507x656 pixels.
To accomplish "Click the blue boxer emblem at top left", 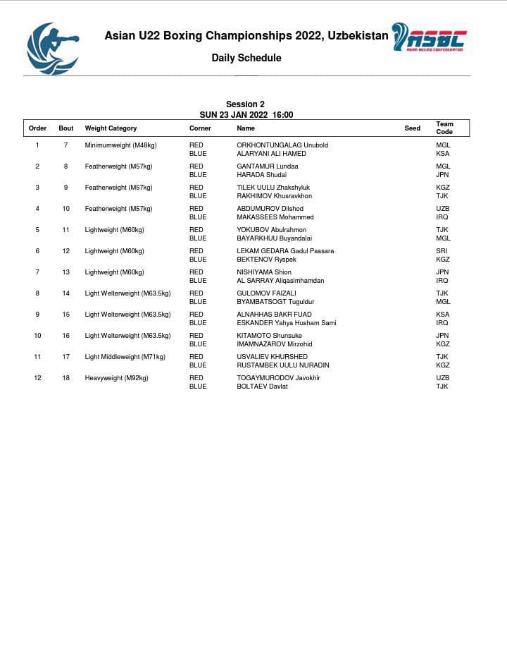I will tap(53, 47).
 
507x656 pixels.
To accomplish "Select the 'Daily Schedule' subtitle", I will tap(246, 58).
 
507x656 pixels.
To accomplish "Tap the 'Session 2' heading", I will tap(245, 104).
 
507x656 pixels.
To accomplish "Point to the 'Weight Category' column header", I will tap(111, 128).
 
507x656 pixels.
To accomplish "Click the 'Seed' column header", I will tap(413, 128).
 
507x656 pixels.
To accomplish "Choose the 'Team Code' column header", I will tap(444, 128).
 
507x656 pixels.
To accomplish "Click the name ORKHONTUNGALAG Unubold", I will tap(282, 145).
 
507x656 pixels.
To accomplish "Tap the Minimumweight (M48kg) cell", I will tap(120, 145).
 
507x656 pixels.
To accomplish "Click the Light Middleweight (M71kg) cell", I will tap(125, 357).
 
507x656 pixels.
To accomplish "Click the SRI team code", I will tap(442, 251).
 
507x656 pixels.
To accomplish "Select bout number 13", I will tap(66, 272).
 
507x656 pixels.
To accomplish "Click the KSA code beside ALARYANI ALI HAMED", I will tap(442, 154).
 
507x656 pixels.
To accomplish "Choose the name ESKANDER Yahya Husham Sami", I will tap(286, 323).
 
